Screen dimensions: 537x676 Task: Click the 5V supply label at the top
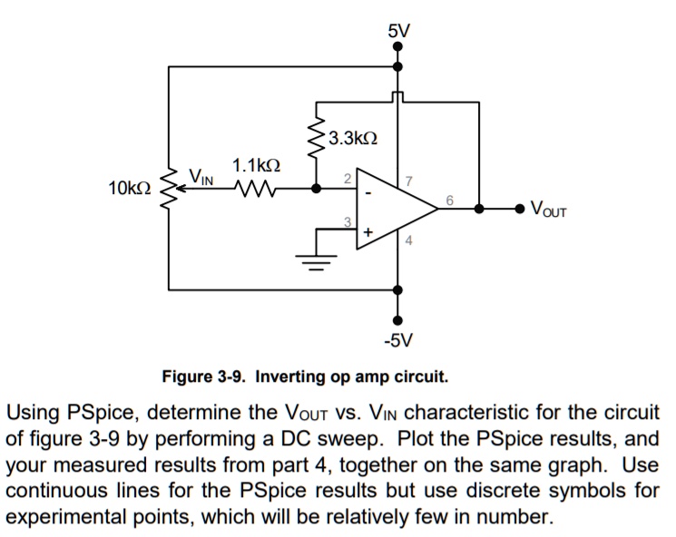pos(398,31)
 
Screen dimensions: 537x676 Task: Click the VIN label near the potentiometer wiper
pos(201,175)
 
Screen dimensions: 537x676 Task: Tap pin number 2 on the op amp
pos(347,179)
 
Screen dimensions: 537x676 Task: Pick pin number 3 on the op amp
pos(347,221)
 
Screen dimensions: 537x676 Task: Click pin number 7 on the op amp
pos(408,182)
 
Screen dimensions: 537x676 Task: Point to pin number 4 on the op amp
pos(408,240)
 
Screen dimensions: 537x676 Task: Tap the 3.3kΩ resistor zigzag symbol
pos(317,143)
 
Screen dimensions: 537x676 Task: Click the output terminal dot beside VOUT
pos(519,209)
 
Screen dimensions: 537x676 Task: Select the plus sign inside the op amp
pos(367,232)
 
